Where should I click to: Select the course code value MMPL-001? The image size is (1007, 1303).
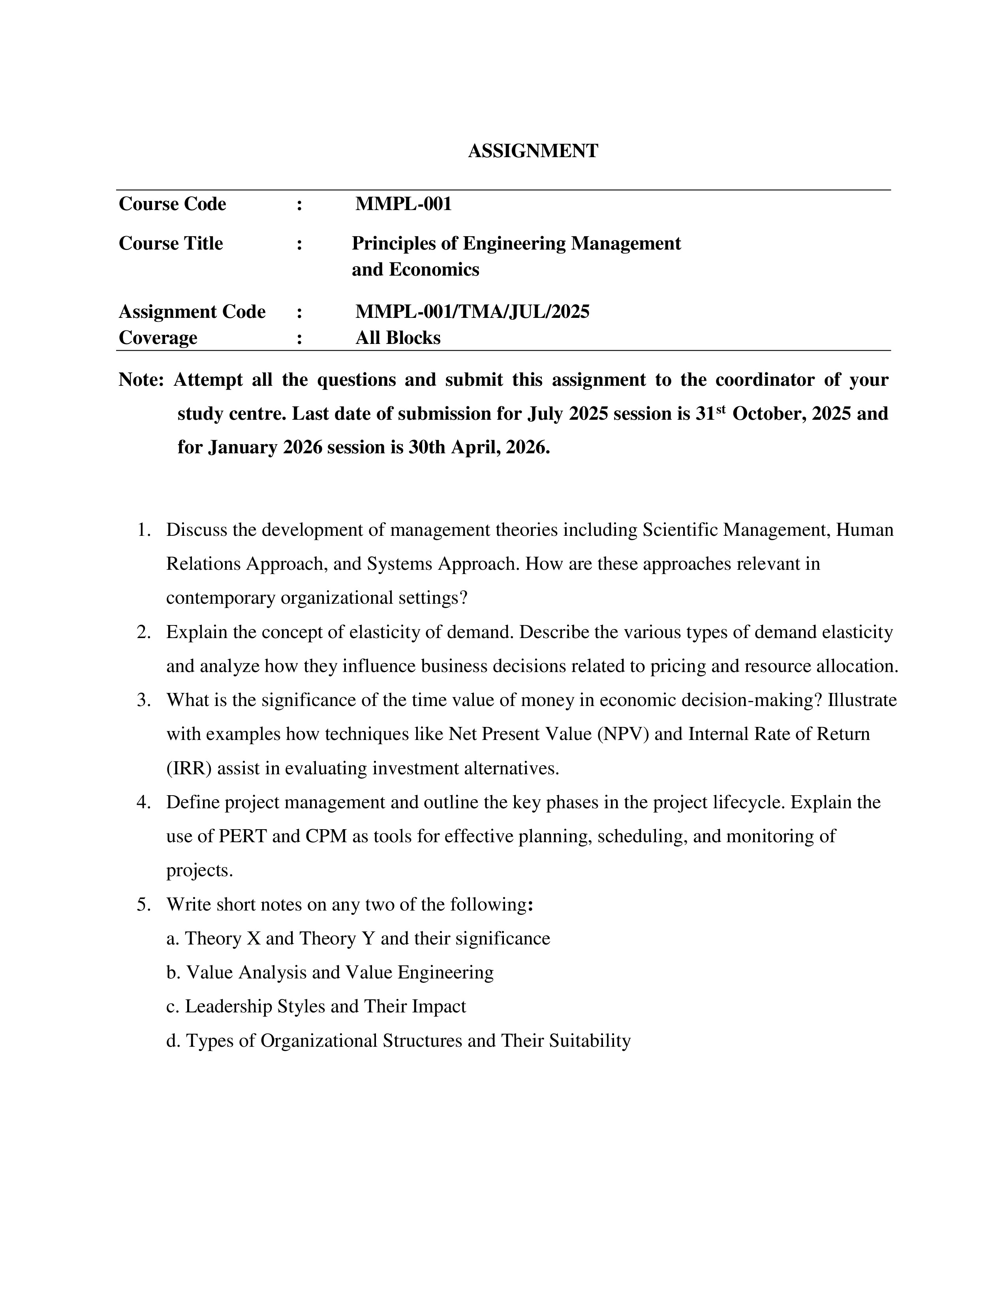(x=403, y=204)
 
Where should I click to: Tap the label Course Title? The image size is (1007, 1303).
(x=171, y=243)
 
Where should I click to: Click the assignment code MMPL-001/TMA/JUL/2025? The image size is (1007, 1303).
(x=472, y=312)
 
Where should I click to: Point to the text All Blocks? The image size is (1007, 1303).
(x=398, y=338)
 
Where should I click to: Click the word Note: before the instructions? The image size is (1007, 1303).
(x=141, y=379)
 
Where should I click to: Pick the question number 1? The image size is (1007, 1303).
(x=143, y=530)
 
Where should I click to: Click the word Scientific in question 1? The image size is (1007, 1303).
(x=680, y=530)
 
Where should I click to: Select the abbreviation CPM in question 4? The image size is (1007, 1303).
(x=326, y=836)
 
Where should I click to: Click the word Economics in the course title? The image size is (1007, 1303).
(x=434, y=270)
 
